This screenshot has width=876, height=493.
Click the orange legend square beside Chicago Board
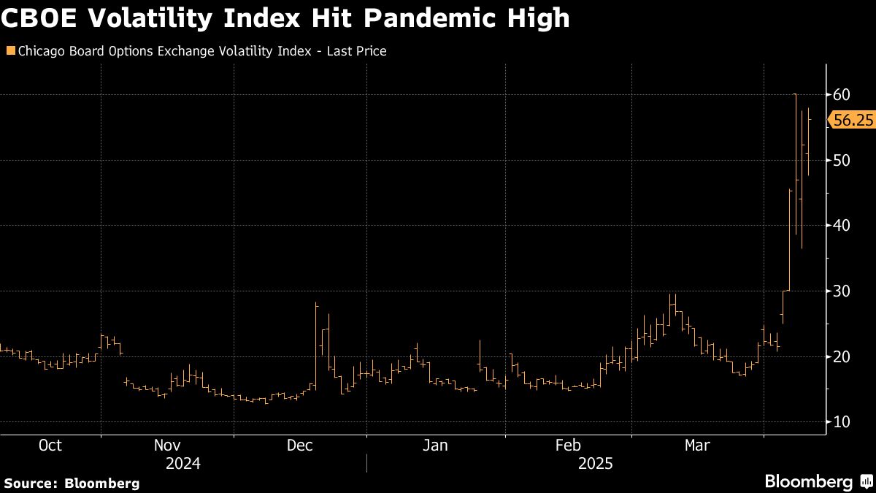[9, 51]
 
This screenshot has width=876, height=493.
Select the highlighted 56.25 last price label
[853, 121]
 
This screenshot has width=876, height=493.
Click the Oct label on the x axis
[50, 446]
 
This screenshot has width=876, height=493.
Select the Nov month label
[167, 446]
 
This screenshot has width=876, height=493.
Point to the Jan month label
[435, 446]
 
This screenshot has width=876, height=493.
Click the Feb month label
[568, 446]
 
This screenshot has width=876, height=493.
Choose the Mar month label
[696, 446]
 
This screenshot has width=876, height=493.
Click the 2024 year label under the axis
[182, 464]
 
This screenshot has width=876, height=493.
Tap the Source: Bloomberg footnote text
[72, 484]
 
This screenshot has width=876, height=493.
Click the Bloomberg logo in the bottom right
[818, 482]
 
